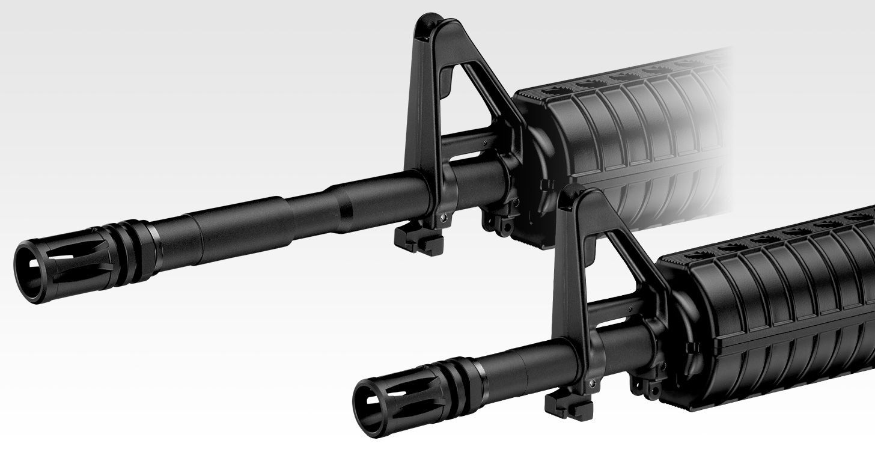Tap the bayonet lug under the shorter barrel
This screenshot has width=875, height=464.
tap(568, 405)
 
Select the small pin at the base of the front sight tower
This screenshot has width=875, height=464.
tap(592, 381)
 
